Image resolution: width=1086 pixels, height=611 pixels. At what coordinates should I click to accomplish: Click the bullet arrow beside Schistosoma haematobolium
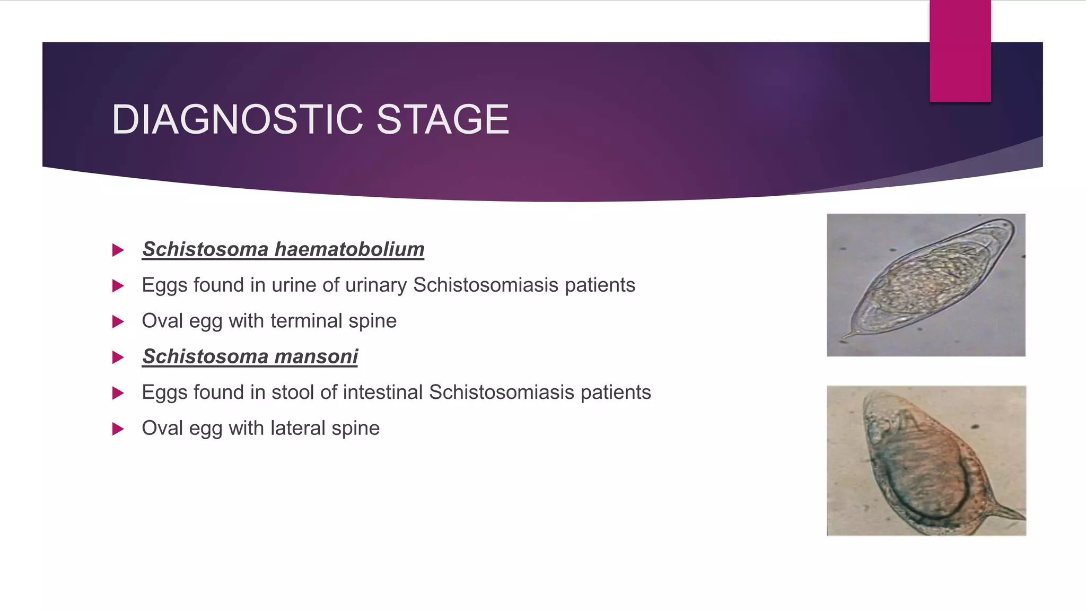[x=118, y=250]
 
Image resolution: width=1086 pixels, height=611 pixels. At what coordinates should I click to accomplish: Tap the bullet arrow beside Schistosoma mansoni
[x=118, y=357]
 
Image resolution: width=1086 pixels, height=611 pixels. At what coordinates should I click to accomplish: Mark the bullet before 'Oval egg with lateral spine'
[x=118, y=429]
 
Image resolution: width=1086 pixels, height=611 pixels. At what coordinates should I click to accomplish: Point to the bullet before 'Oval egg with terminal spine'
[x=118, y=322]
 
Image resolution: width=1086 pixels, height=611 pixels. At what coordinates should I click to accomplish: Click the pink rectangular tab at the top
[x=960, y=51]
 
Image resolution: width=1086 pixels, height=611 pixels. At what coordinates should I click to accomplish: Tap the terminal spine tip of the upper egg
[x=843, y=337]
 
